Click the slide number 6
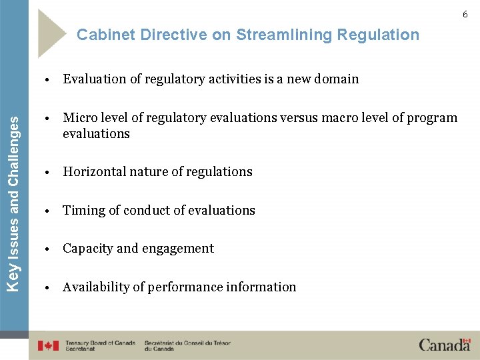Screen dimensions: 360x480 pos(465,14)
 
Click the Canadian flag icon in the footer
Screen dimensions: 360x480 pos(48,345)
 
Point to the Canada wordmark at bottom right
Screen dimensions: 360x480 pos(445,345)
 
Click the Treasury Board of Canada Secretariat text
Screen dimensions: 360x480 pos(100,345)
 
